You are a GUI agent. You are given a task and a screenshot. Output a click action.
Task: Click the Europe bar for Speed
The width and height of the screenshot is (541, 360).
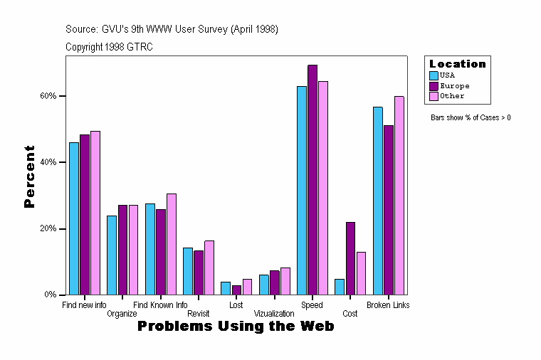312,179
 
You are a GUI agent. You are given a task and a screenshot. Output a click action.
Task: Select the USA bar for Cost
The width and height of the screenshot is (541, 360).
340,287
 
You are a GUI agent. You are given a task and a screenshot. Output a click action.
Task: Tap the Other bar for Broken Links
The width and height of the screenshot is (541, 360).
399,196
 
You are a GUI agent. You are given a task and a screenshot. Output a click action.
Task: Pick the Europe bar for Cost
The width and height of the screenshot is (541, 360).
350,258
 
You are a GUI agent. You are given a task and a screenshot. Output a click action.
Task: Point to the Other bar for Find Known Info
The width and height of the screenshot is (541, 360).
172,244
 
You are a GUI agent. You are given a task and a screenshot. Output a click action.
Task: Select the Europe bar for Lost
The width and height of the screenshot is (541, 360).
236,290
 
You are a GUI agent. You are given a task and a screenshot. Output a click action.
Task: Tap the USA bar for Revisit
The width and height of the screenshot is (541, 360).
188,271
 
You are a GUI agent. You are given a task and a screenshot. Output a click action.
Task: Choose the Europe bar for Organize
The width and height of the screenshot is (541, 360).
122,250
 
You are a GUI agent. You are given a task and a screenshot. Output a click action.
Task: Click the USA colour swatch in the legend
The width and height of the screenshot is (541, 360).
434,75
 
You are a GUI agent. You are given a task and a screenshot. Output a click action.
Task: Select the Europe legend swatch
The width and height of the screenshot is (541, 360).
434,85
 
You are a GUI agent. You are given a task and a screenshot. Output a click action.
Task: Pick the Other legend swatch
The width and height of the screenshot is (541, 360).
434,96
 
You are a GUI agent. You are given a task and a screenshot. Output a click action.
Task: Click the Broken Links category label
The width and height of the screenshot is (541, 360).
388,305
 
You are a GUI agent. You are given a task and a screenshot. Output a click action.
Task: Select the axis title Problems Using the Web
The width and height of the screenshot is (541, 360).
236,327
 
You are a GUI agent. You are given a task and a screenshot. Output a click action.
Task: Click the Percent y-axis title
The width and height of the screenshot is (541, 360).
29,176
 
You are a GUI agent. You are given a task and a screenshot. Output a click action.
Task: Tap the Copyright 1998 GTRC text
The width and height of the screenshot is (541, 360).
109,47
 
